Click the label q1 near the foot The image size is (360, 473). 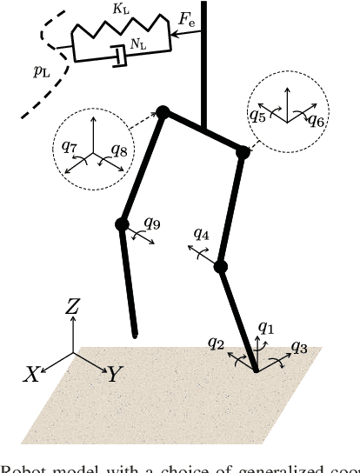click(x=266, y=329)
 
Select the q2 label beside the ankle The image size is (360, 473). click(x=217, y=343)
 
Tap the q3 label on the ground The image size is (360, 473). click(x=299, y=347)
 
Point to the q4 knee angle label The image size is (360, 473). click(x=201, y=235)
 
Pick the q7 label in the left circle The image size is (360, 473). click(x=70, y=146)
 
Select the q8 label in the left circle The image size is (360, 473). click(x=119, y=150)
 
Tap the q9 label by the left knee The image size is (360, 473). click(x=152, y=223)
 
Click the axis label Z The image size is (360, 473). click(x=73, y=305)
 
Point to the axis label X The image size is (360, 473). click(x=32, y=375)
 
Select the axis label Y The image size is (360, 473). click(x=114, y=375)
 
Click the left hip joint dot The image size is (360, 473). click(x=162, y=112)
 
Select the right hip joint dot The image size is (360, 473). click(x=243, y=152)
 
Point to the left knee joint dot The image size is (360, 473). click(x=122, y=224)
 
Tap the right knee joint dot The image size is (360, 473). click(x=221, y=267)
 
